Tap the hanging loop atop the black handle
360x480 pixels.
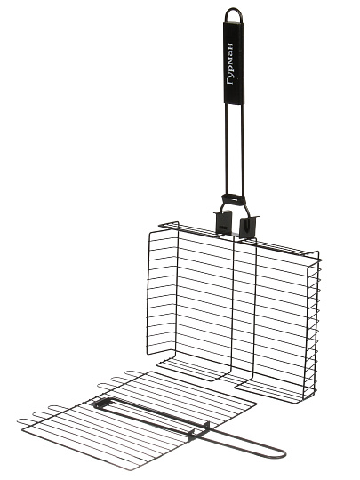[234, 9]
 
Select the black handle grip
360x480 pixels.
[234, 63]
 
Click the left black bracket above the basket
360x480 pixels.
[223, 221]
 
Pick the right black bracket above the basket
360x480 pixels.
[249, 228]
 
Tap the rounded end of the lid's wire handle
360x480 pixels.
[284, 454]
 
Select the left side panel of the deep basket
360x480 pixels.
[163, 294]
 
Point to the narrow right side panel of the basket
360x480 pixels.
[312, 331]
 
